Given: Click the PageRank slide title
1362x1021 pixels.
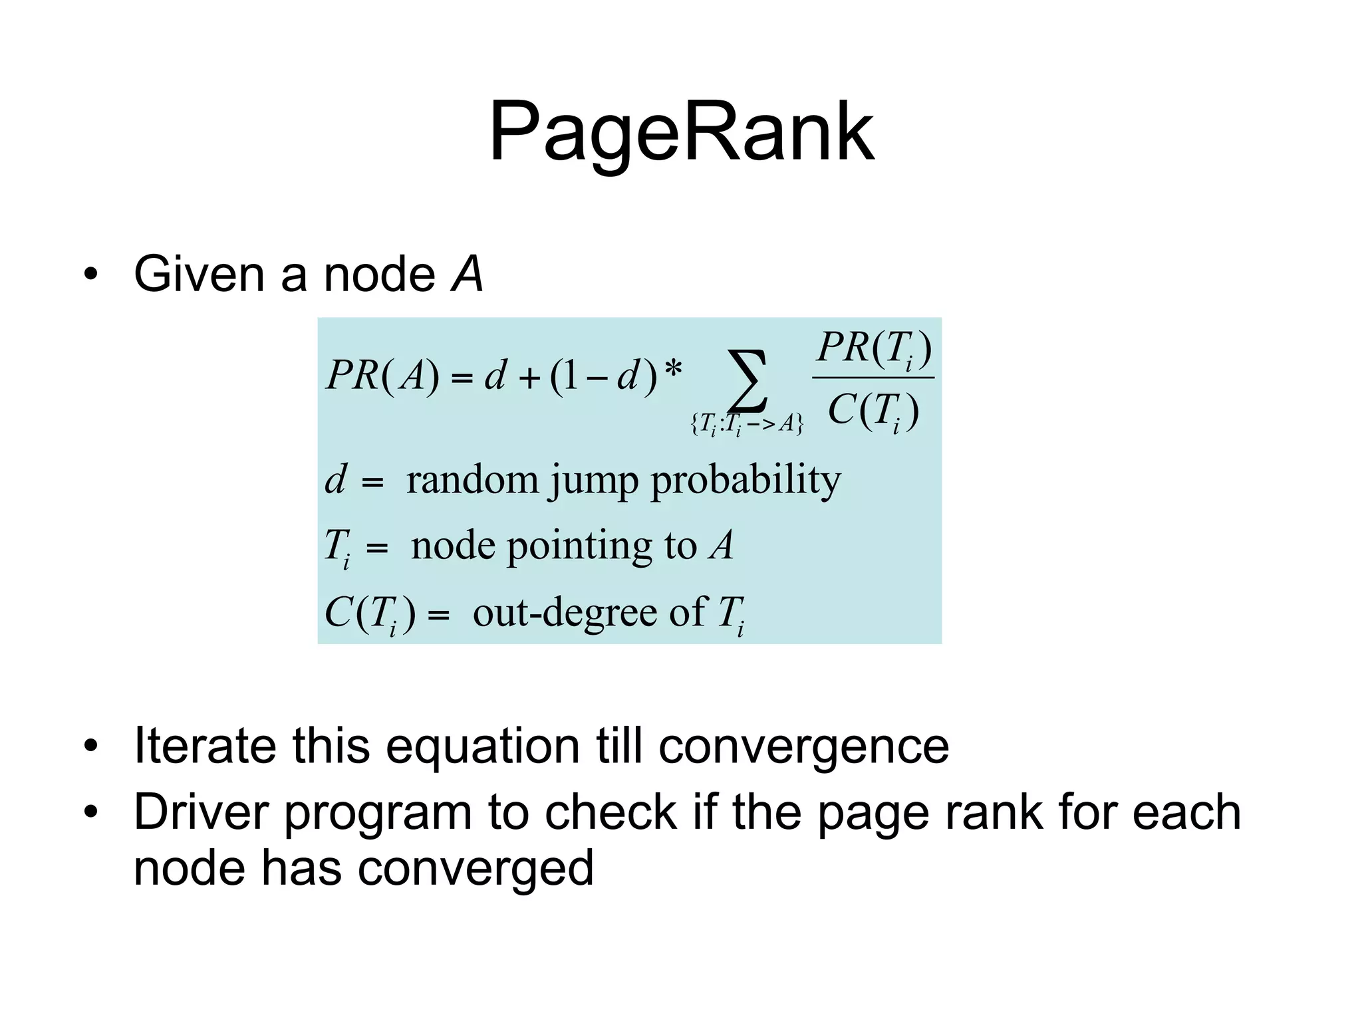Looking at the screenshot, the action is coord(681,133).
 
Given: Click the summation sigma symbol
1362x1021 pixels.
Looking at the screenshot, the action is coord(748,381).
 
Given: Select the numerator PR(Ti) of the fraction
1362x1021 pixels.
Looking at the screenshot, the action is coord(874,348).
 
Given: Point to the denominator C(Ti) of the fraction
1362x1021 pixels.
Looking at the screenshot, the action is coord(874,411).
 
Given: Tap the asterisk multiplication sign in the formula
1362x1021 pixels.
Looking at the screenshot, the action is coord(674,370).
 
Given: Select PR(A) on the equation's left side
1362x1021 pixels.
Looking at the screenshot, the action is coord(383,376).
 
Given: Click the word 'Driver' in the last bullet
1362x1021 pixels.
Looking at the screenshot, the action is coord(202,812).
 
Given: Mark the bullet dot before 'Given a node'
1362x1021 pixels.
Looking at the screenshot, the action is coord(91,275).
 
